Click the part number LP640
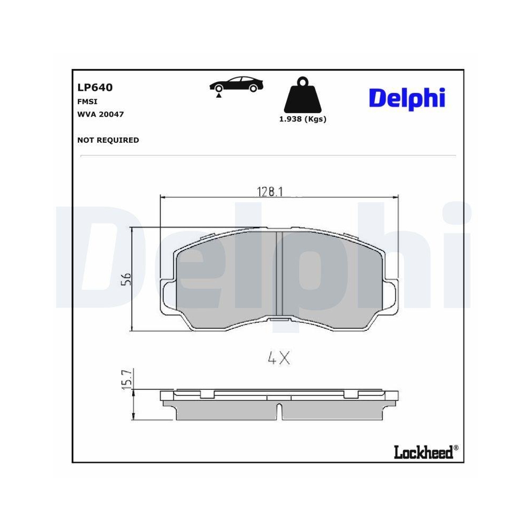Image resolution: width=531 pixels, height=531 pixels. coord(95,88)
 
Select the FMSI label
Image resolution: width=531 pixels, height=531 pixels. coord(87,101)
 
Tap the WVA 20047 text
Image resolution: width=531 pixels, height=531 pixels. coord(100,114)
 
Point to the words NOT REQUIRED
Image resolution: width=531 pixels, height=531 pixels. coord(108,140)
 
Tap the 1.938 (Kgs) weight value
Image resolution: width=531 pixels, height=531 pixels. coord(303,119)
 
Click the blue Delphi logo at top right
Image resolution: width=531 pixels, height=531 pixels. coord(407,98)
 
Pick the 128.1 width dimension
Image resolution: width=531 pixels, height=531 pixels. coord(270,192)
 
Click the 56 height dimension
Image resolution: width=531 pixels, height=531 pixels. coord(126,279)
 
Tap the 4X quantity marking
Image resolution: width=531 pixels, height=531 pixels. coord(279,359)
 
